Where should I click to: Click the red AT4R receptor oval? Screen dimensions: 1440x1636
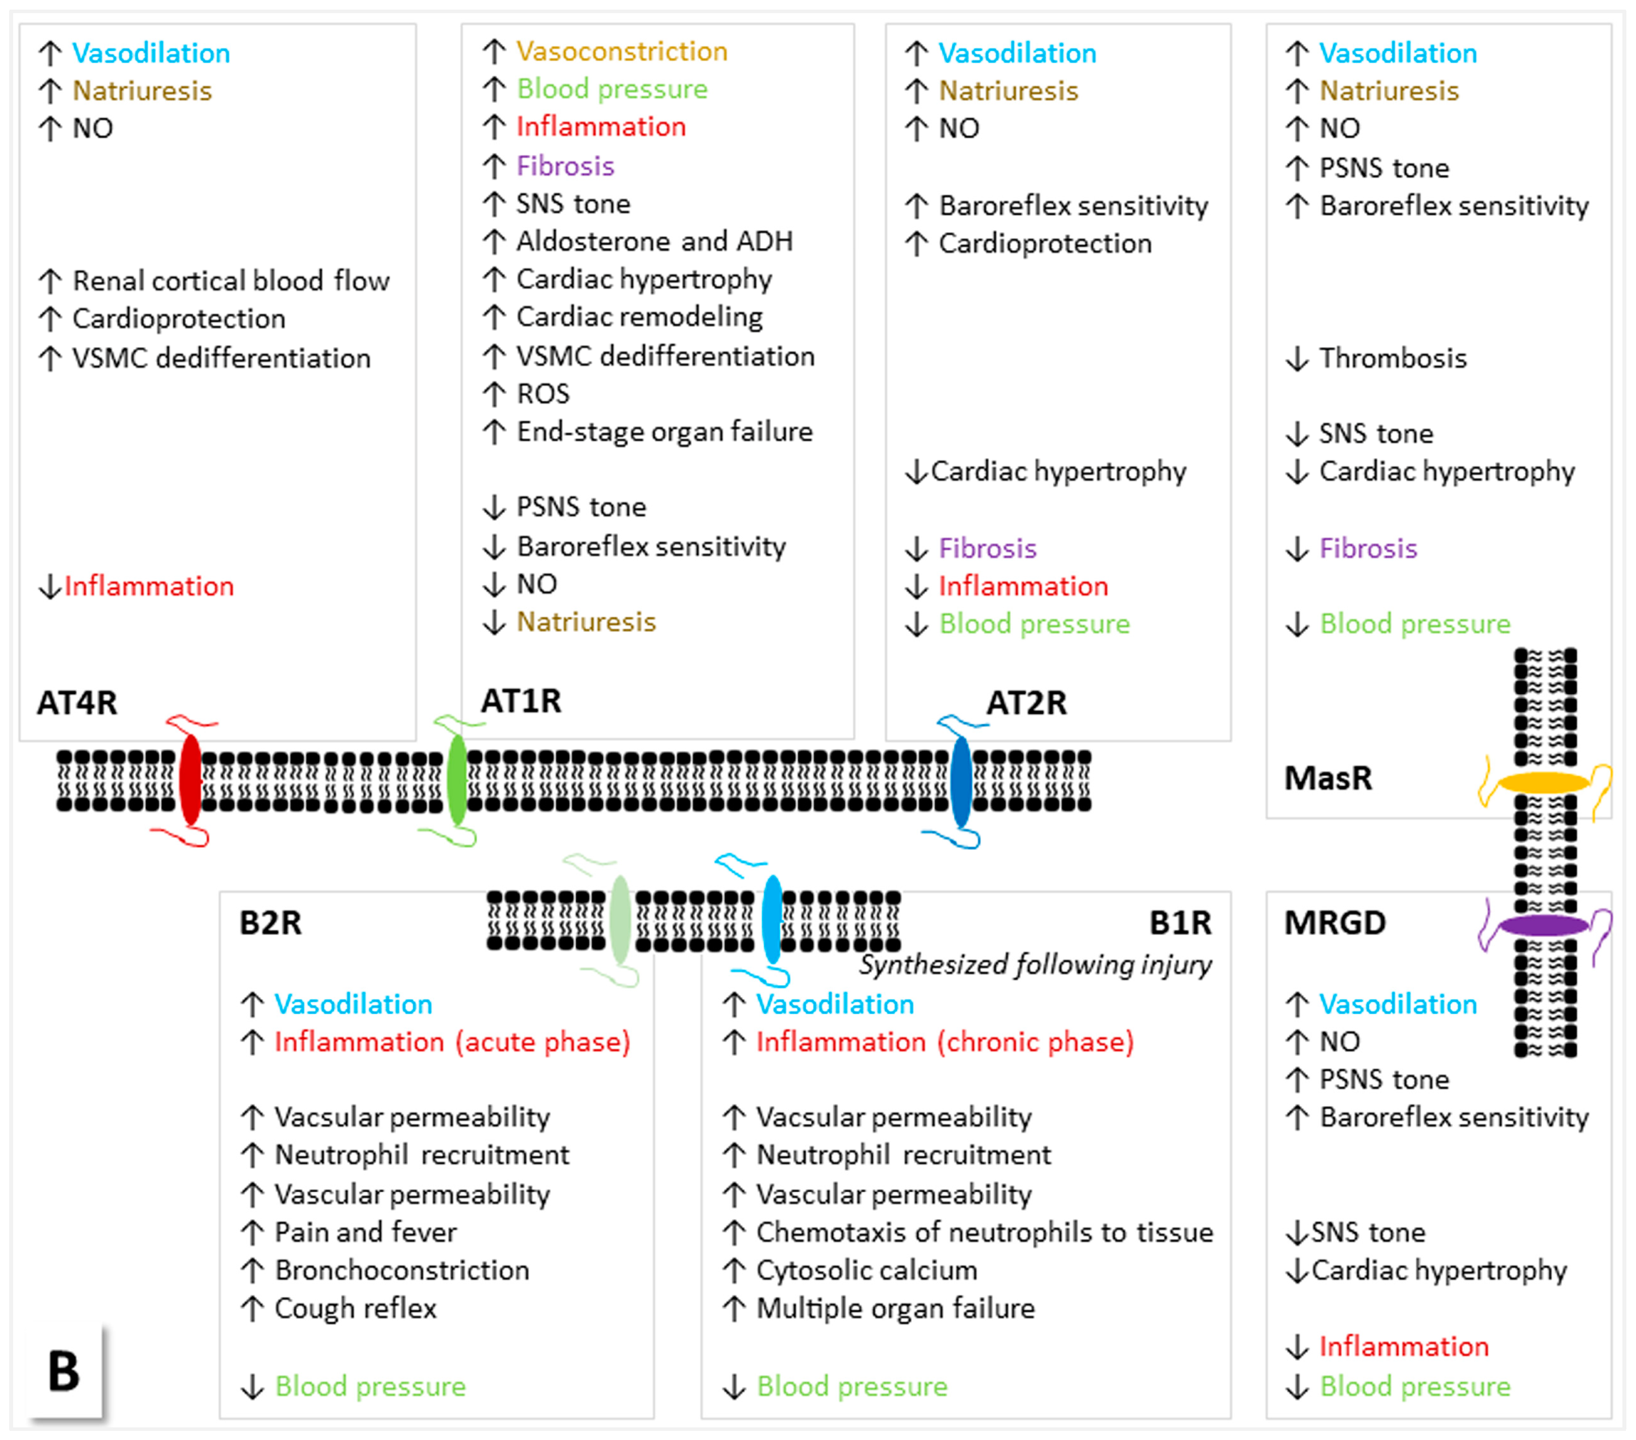(190, 780)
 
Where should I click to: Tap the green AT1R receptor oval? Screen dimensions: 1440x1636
(457, 780)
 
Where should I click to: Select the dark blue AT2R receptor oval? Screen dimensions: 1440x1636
(961, 780)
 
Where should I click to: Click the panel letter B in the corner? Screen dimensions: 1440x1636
(64, 1371)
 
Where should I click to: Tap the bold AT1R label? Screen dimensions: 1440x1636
(521, 701)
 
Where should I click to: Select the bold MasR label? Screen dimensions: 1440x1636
(1328, 778)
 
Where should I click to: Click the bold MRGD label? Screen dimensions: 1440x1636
(1334, 923)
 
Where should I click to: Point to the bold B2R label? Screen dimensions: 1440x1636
(271, 923)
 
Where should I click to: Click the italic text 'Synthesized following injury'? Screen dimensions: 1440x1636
(1035, 965)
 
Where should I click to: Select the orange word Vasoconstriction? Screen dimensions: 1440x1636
(622, 51)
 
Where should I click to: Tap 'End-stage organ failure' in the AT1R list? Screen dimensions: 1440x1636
(664, 432)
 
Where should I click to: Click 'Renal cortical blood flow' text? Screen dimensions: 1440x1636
(231, 281)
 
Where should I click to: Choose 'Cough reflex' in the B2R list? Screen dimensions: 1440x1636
(355, 1308)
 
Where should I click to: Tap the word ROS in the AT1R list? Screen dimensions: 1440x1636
(543, 394)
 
